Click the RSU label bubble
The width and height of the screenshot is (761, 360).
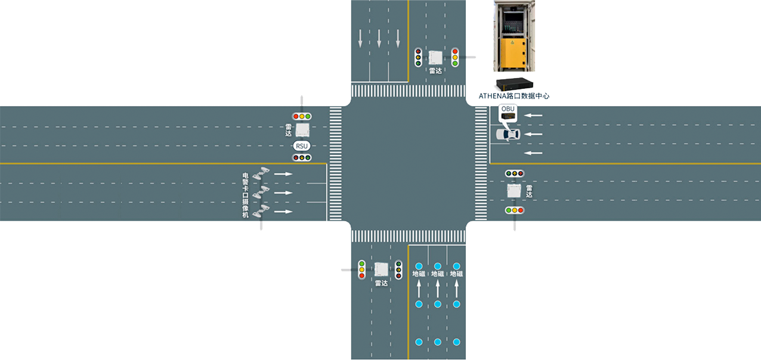[x=302, y=146]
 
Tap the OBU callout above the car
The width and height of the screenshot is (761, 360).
[x=508, y=113]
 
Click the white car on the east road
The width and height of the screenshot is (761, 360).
[x=508, y=135]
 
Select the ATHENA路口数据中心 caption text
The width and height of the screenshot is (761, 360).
[x=513, y=96]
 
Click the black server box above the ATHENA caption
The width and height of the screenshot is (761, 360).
[x=514, y=84]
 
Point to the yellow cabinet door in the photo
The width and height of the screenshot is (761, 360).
[x=513, y=54]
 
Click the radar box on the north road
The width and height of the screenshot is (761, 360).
[x=435, y=58]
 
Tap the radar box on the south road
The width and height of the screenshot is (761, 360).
[x=381, y=269]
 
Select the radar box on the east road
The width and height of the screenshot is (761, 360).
[x=514, y=191]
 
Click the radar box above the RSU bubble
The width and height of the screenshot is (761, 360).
[x=302, y=130]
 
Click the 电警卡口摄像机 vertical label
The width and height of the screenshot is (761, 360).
[x=245, y=195]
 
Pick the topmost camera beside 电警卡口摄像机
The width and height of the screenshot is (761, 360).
[x=261, y=173]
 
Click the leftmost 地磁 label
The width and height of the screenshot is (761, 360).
[x=419, y=274]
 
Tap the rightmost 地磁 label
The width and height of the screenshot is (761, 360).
[x=456, y=274]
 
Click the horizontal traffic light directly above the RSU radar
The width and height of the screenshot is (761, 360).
[x=302, y=116]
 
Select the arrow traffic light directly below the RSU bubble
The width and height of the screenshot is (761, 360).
[x=302, y=157]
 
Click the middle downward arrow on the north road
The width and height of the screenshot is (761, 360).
[x=379, y=38]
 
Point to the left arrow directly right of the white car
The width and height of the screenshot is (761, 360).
[x=533, y=135]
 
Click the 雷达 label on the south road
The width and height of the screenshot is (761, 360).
[x=381, y=283]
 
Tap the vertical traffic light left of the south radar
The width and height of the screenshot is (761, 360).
[x=362, y=269]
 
